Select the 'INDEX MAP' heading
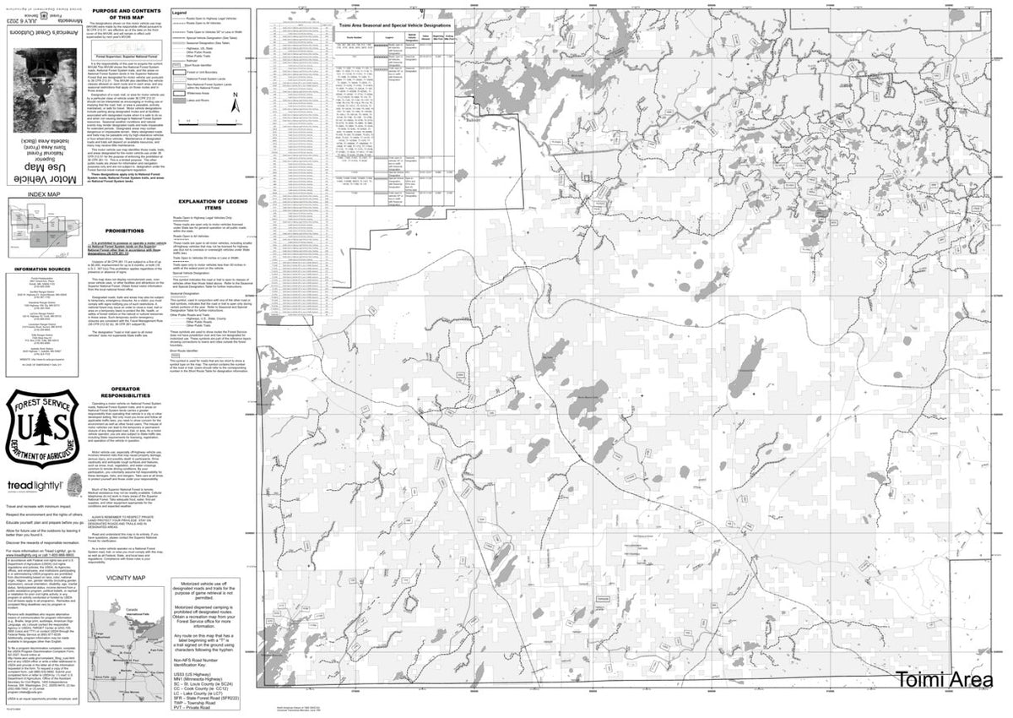click(x=44, y=194)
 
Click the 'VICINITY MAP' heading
click(x=127, y=578)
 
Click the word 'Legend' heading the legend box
click(x=179, y=14)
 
